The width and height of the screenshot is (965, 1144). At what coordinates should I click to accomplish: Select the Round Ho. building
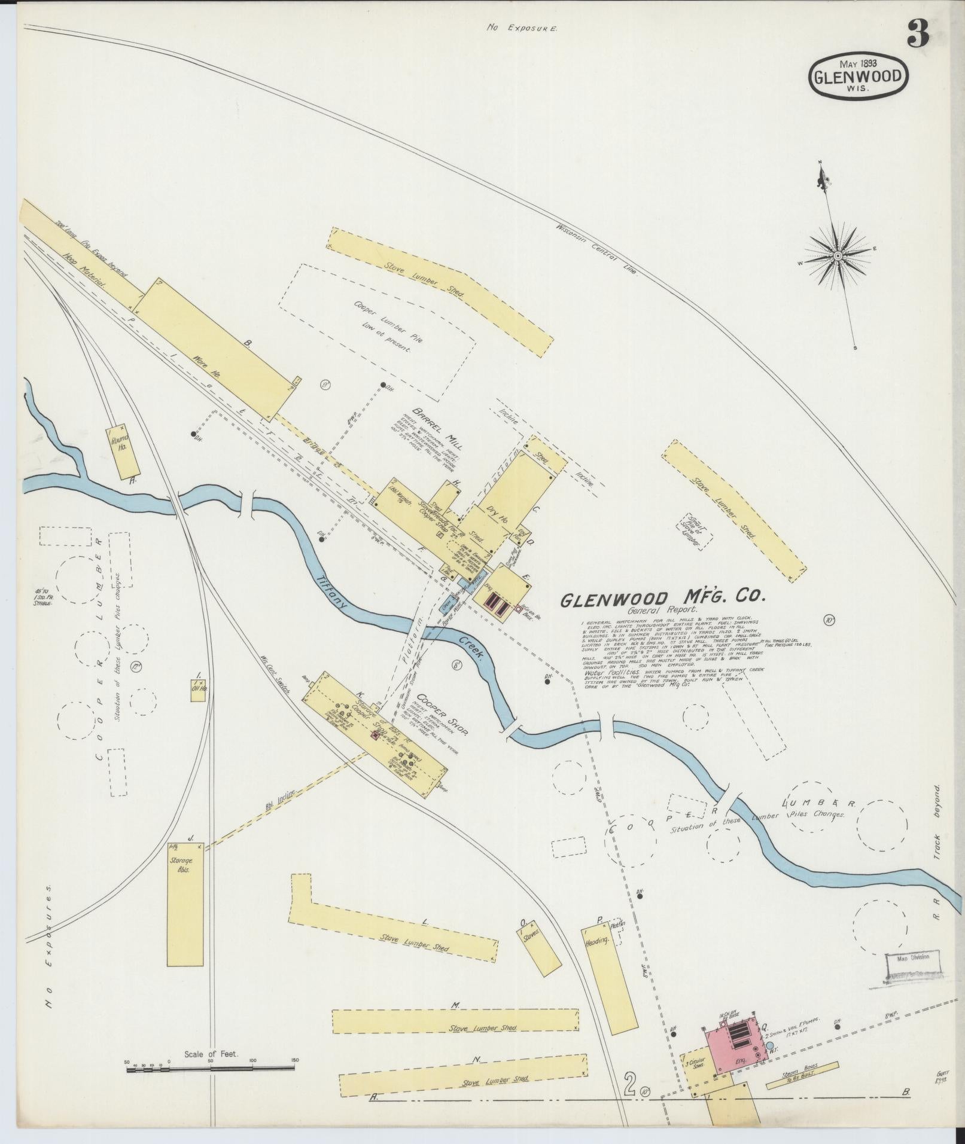[122, 451]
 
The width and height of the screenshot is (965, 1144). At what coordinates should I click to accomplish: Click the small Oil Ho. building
[199, 688]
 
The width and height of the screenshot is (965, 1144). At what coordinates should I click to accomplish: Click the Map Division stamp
[912, 974]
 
